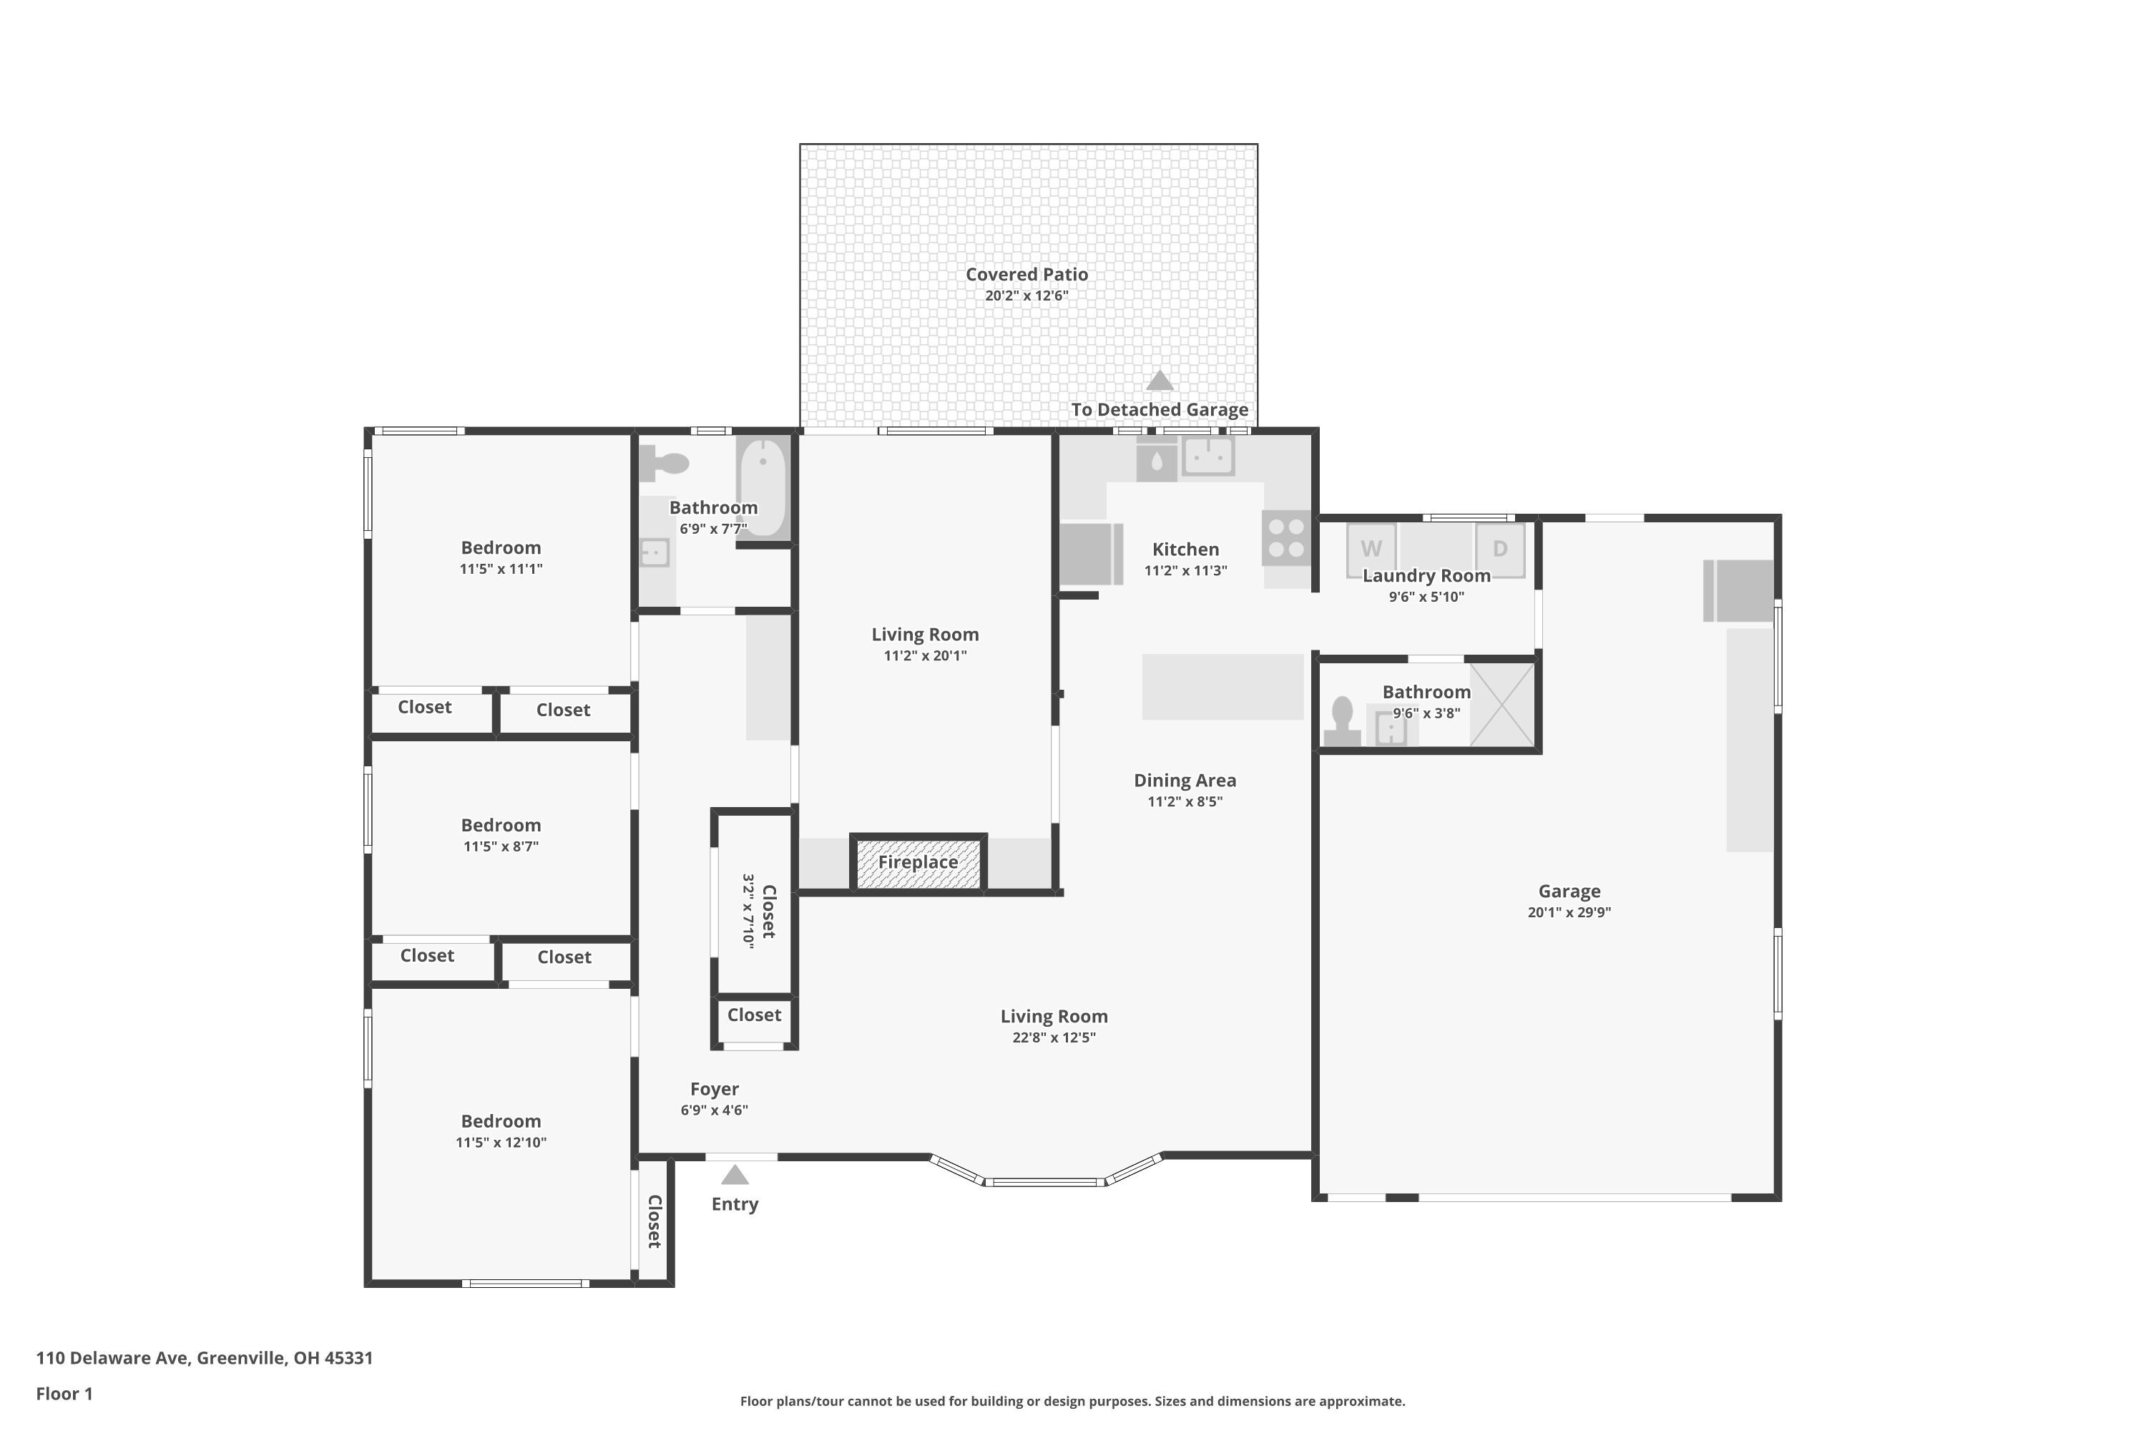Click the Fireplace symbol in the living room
click(918, 862)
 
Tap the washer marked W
click(1371, 550)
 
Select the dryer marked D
click(1500, 550)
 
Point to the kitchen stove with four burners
click(1286, 537)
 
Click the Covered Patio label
click(1027, 274)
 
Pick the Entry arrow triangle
click(735, 1175)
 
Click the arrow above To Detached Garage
click(1160, 380)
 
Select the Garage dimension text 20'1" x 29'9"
click(1569, 912)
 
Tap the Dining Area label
click(1185, 781)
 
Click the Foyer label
click(715, 1089)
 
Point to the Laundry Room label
click(1426, 576)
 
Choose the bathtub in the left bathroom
click(762, 487)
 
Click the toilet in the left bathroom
click(663, 464)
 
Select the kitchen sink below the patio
click(1208, 455)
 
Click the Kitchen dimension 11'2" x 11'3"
click(1185, 570)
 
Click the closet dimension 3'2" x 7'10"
click(748, 911)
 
